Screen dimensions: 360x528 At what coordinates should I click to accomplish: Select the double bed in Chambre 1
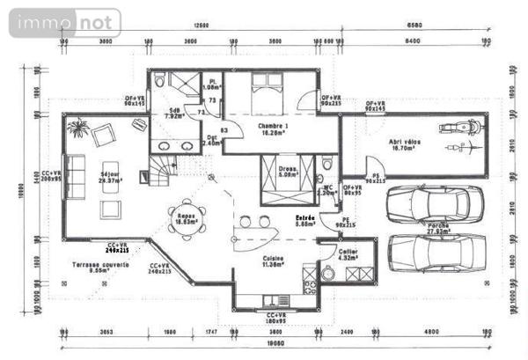(x=264, y=90)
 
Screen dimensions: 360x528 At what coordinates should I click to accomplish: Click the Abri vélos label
(x=406, y=144)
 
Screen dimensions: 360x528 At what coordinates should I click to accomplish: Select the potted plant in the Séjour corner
(x=77, y=129)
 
